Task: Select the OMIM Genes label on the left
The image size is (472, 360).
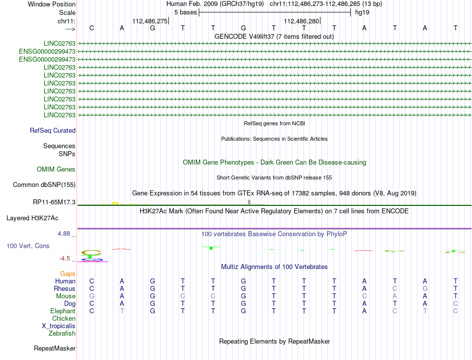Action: tap(56, 170)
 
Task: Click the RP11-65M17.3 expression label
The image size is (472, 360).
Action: tap(54, 202)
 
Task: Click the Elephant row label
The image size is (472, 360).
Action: tap(63, 311)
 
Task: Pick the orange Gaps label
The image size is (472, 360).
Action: tap(68, 274)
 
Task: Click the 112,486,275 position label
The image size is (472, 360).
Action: tap(150, 21)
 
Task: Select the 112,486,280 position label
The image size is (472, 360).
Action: tap(301, 21)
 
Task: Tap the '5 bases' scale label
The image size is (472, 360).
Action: tap(185, 12)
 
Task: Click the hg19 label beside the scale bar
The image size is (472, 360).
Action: tap(361, 12)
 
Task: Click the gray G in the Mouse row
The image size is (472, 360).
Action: tap(91, 296)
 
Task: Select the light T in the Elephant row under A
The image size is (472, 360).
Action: tap(122, 311)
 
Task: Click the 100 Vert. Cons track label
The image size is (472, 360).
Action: tap(28, 246)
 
